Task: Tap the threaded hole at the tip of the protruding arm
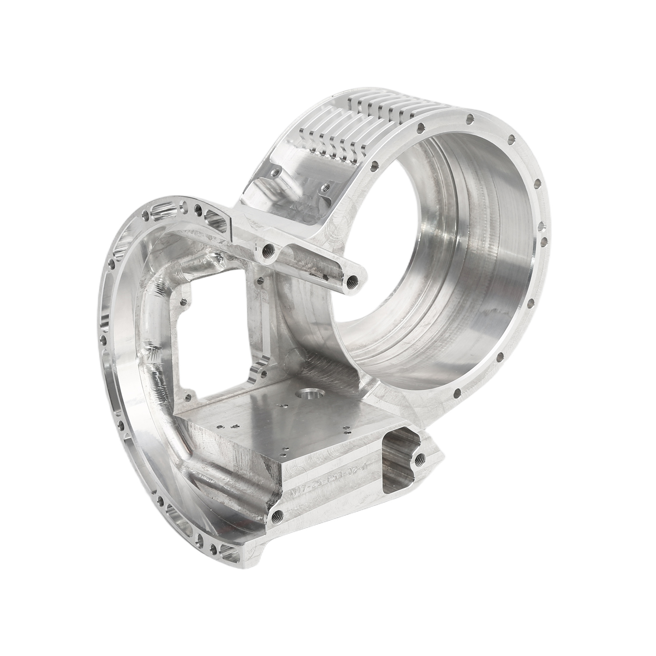click(352, 280)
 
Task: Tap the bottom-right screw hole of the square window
click(264, 373)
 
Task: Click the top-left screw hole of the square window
click(184, 301)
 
